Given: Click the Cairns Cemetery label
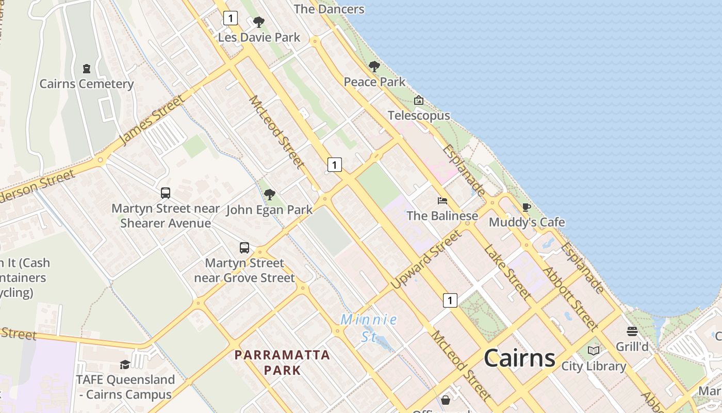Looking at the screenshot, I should pos(87,84).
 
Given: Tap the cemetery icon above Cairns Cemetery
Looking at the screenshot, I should pos(87,68).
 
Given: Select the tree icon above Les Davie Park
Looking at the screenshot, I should pos(259,22).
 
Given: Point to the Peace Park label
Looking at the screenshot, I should pos(374,82).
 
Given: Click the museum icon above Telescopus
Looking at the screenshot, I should pos(419,100).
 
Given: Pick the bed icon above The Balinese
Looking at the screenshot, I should pos(442,200).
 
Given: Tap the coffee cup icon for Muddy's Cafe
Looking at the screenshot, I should pos(526,208).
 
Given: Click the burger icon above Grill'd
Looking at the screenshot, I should pos(632,331).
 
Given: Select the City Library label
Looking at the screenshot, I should pos(594,367).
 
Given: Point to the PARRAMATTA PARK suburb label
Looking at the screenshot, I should pos(282,362).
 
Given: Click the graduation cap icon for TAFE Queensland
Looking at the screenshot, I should pos(125,364).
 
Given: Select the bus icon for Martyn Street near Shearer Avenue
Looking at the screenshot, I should pos(166,193).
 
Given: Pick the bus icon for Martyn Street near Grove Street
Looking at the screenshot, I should pos(244,248).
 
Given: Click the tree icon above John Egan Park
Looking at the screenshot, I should pos(269,195).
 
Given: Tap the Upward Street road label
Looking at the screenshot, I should pos(426,260).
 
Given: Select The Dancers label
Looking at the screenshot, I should pos(329,9).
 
